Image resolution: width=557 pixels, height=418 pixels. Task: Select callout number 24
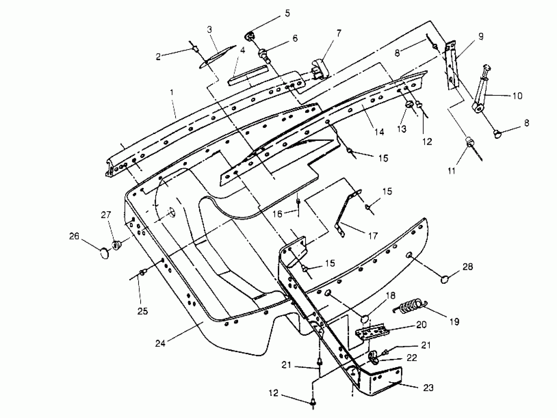click(160, 343)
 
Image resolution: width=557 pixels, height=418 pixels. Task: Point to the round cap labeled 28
click(445, 279)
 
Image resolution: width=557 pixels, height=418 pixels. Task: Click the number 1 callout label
click(172, 93)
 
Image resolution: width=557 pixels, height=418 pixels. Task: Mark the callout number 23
click(428, 388)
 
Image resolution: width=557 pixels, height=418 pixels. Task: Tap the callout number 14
click(379, 132)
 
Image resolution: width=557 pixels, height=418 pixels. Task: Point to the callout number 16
click(278, 214)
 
